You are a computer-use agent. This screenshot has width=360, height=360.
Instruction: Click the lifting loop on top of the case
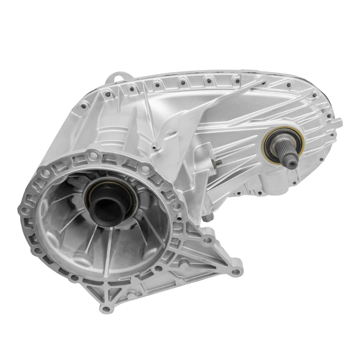click(x=116, y=77)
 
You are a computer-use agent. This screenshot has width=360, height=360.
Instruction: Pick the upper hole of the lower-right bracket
click(x=207, y=237)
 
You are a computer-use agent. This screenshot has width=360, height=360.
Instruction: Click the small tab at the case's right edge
click(x=338, y=123)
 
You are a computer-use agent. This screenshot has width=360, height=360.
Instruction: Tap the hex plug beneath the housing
click(x=206, y=218)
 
